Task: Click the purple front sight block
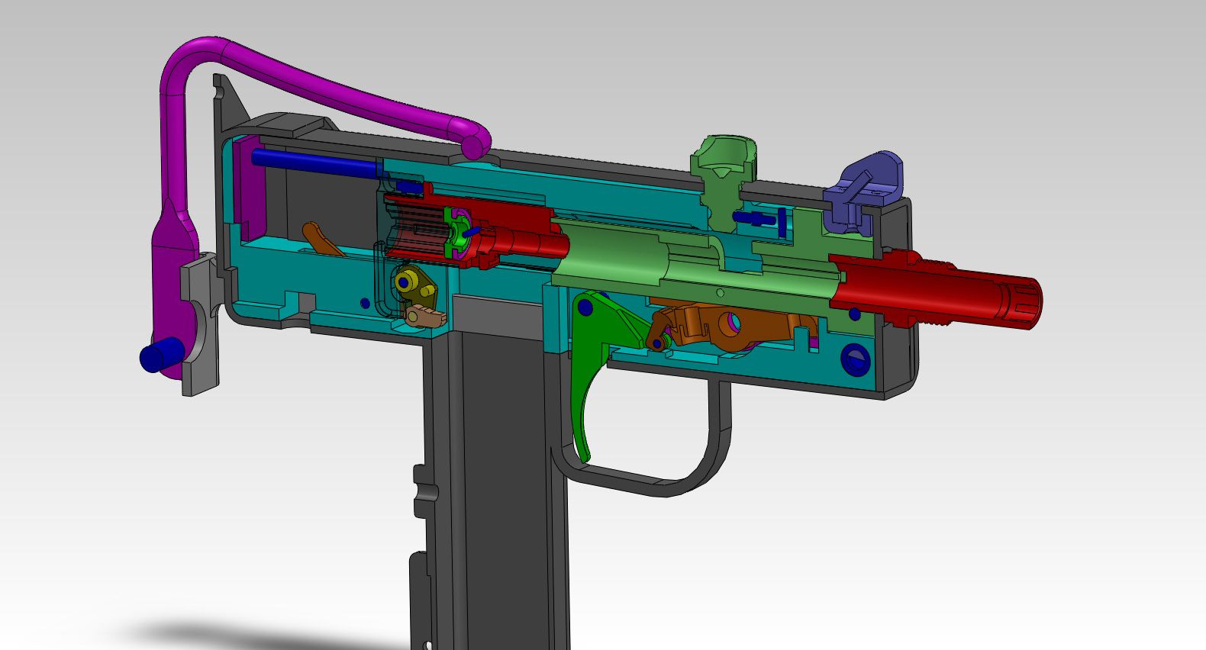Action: click(866, 191)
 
